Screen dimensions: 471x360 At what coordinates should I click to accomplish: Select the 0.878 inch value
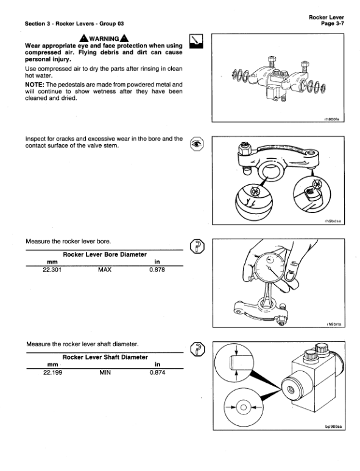point(157,270)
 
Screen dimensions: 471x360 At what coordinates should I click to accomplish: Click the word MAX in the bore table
point(105,270)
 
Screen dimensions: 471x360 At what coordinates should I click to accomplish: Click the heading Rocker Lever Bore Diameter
point(105,255)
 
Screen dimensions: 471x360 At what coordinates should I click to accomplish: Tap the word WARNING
point(105,40)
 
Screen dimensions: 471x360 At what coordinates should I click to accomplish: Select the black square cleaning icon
point(196,41)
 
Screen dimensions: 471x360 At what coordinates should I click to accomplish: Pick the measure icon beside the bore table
point(197,246)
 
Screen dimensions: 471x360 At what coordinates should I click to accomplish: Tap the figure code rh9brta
point(336,324)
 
